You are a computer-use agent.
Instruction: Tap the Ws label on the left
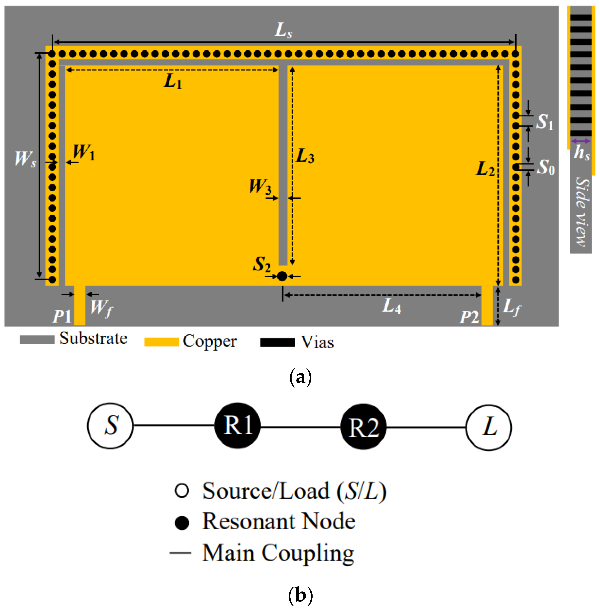pos(25,159)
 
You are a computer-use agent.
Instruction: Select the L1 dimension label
pos(173,81)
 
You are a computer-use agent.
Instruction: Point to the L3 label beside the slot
pos(305,156)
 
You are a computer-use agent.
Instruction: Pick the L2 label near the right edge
pos(485,169)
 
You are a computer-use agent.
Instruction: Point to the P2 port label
pos(469,317)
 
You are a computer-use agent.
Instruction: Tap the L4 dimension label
pos(391,306)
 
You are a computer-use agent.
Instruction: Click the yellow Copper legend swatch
pos(161,342)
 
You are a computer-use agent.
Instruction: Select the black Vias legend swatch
pos(277,342)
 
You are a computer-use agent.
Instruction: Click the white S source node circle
pos(110,426)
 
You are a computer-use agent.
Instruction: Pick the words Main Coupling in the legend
pos(278,553)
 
